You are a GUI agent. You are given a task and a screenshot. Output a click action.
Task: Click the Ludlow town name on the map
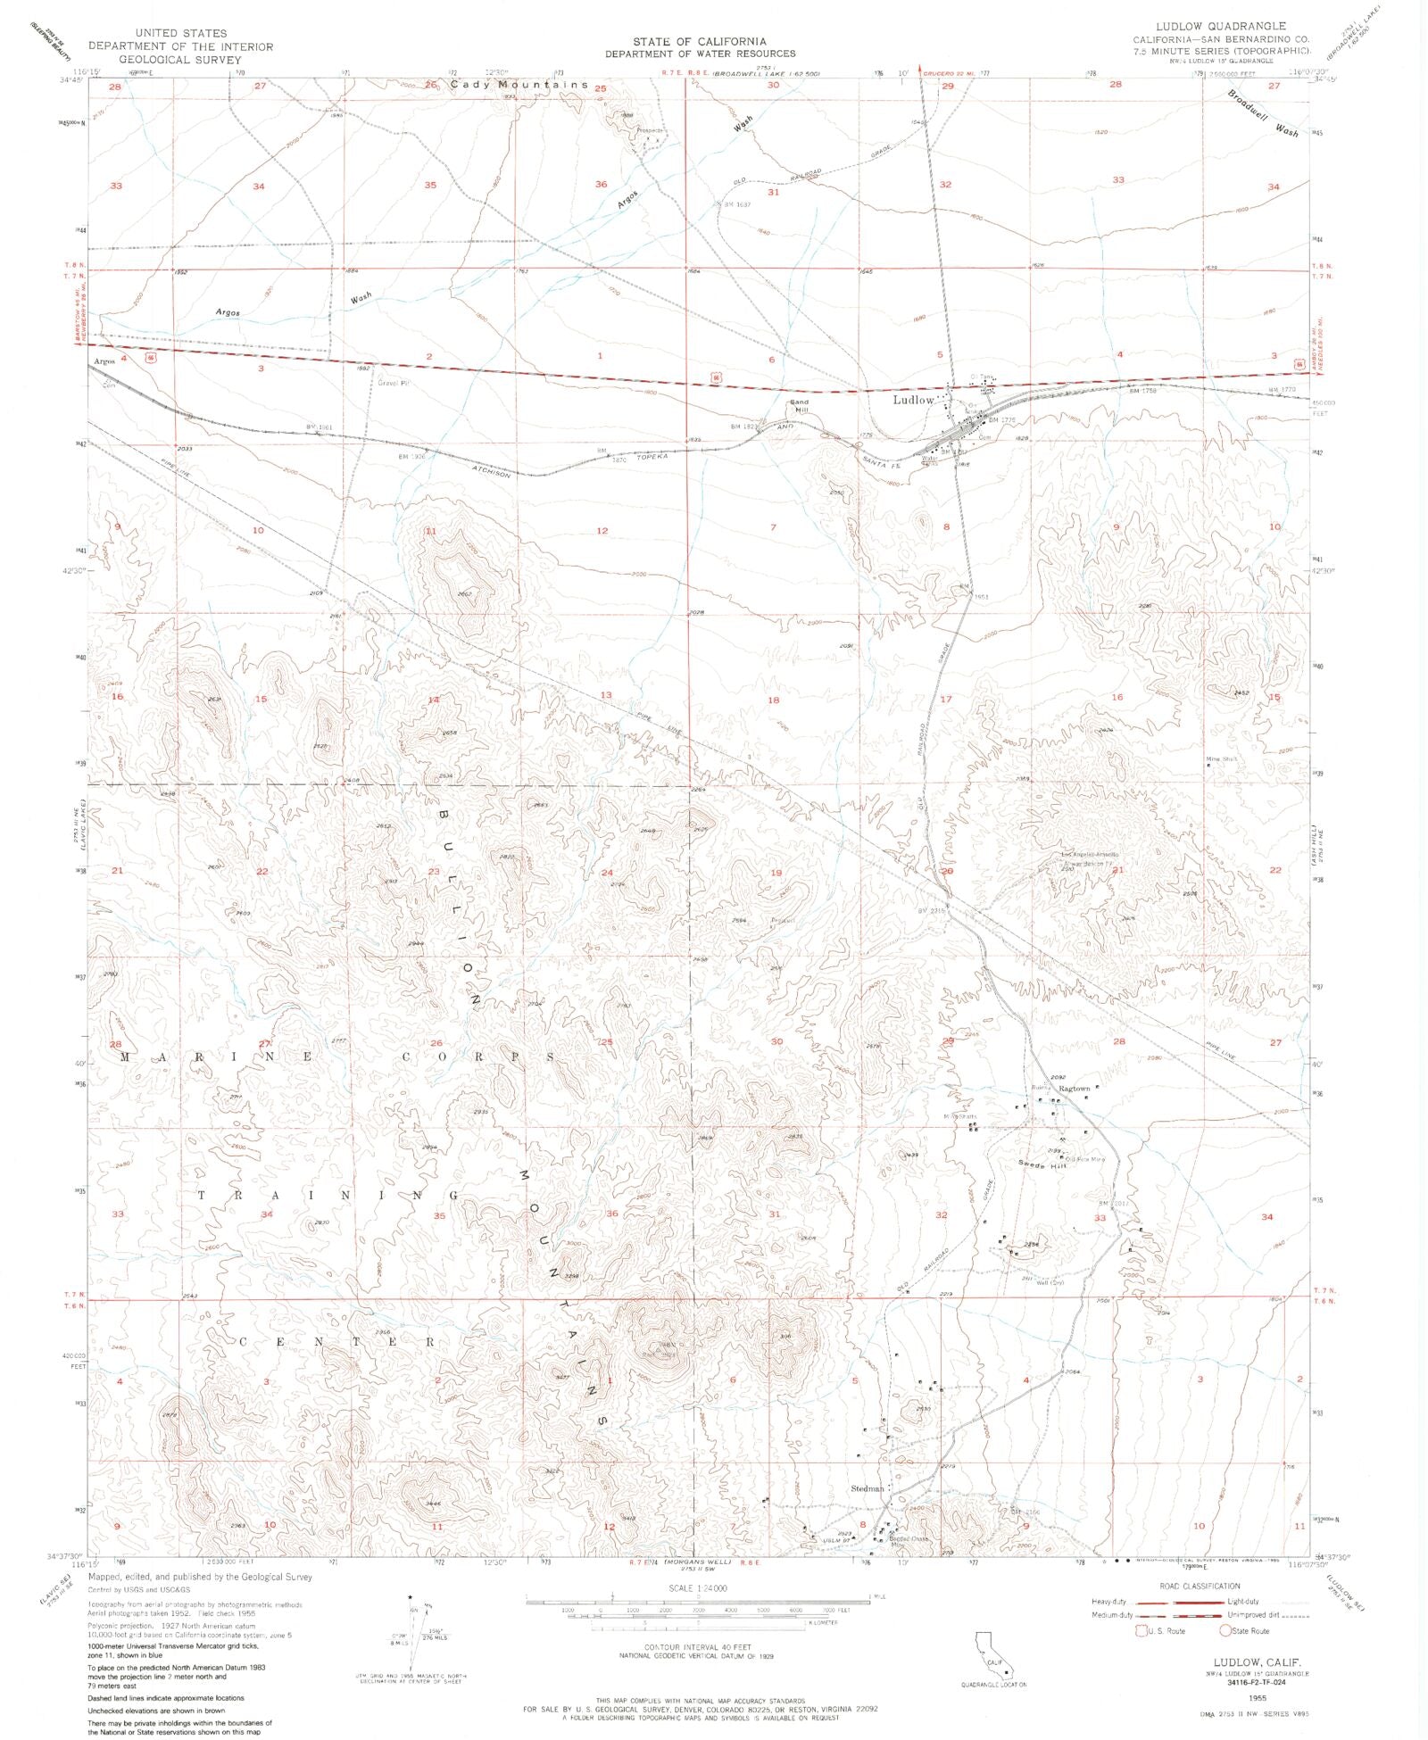click(x=913, y=400)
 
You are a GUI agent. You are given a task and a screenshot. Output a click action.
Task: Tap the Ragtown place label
click(x=1075, y=1089)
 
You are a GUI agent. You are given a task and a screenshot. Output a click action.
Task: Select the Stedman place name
click(x=867, y=1488)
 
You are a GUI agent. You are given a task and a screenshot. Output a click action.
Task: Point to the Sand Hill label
click(x=799, y=406)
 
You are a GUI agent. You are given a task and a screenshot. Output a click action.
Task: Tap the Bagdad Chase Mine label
click(x=909, y=1541)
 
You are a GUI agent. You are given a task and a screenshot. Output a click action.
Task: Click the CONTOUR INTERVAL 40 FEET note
click(x=698, y=1646)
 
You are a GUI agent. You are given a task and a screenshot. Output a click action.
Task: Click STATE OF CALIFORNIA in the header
click(x=700, y=42)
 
